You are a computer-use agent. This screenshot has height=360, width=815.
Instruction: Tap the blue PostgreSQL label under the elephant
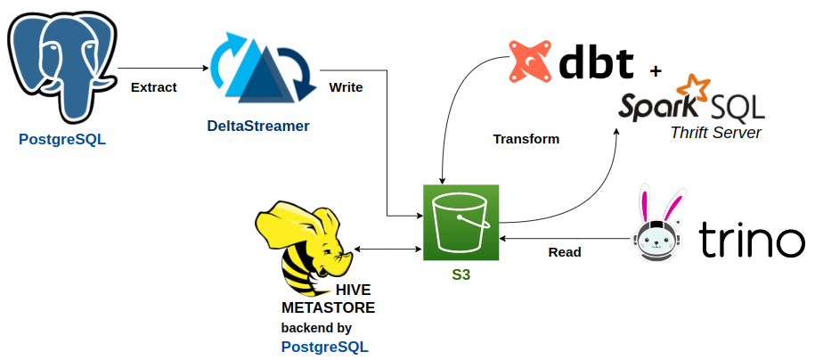click(61, 139)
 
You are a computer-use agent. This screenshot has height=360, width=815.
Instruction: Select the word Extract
click(153, 87)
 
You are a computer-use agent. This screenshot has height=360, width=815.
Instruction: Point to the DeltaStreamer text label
click(258, 126)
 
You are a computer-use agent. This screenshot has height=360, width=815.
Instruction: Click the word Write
click(346, 87)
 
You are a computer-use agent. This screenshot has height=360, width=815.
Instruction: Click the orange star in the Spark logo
click(694, 87)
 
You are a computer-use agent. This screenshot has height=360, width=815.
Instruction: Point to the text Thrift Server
click(715, 133)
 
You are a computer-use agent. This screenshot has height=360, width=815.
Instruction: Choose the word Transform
click(526, 139)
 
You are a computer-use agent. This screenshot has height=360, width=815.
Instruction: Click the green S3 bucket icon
click(460, 222)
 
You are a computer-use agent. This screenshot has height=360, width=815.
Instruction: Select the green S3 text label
click(460, 275)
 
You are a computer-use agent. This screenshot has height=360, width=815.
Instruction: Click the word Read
click(564, 252)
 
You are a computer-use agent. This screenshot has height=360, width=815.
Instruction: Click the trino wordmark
click(751, 240)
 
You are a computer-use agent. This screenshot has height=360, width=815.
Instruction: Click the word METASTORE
click(328, 307)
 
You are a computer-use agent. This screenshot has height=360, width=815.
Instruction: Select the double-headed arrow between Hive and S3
click(387, 249)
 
